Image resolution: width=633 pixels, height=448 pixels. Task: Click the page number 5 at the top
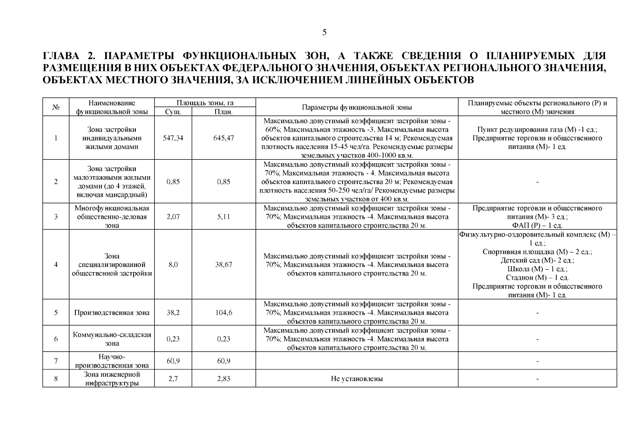point(324,32)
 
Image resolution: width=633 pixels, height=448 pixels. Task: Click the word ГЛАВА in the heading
point(62,56)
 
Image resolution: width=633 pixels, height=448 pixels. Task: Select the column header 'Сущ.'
point(173,112)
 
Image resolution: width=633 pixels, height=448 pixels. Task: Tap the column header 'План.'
point(224,112)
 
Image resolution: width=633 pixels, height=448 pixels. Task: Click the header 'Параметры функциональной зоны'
point(357,107)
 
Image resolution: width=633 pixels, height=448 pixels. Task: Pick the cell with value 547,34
point(173,138)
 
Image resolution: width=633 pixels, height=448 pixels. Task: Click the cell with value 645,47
point(224,138)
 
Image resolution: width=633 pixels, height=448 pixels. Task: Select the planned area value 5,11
point(224,217)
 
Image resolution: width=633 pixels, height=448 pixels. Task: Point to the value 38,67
point(224,264)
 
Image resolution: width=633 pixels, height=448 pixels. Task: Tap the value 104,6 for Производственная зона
point(224,312)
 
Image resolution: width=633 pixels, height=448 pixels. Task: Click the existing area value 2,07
point(173,217)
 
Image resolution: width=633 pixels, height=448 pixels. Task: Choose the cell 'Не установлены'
point(357,379)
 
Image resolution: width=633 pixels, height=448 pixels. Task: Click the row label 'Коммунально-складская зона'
point(112,339)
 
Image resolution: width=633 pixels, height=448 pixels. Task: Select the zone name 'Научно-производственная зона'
point(112,361)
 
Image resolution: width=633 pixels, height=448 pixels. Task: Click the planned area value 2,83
point(224,379)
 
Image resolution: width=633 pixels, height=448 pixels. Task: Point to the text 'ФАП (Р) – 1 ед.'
point(537,225)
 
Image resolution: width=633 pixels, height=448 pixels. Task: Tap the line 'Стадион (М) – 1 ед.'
point(537,277)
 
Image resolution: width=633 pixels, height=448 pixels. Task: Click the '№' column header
point(56,107)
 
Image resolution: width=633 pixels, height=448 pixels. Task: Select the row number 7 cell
point(56,361)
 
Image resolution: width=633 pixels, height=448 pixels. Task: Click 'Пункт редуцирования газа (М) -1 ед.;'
point(537,130)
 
